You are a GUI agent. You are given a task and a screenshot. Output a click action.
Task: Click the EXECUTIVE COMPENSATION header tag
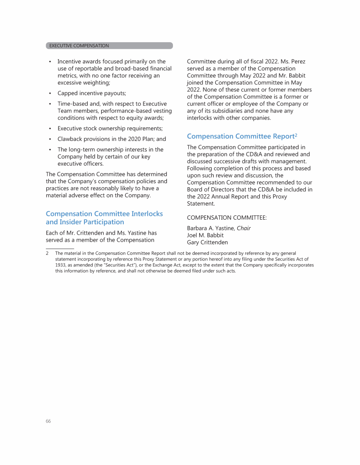[x=79, y=46]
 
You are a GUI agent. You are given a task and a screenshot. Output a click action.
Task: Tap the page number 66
[x=48, y=421]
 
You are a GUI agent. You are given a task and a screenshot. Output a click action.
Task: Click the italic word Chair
[x=244, y=229]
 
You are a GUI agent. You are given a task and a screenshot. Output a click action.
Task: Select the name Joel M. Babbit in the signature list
[x=205, y=236]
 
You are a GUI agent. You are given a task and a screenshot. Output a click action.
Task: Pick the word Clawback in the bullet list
[x=72, y=139]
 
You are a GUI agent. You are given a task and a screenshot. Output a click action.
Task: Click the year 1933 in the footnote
[x=61, y=265]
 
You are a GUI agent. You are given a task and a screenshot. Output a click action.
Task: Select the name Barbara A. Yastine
[x=210, y=229]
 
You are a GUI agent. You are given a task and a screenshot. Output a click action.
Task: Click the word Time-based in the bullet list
[x=73, y=103]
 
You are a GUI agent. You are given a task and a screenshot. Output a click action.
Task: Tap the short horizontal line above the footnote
[x=60, y=248]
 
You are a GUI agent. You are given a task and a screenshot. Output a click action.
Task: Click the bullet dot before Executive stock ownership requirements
[x=50, y=129]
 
